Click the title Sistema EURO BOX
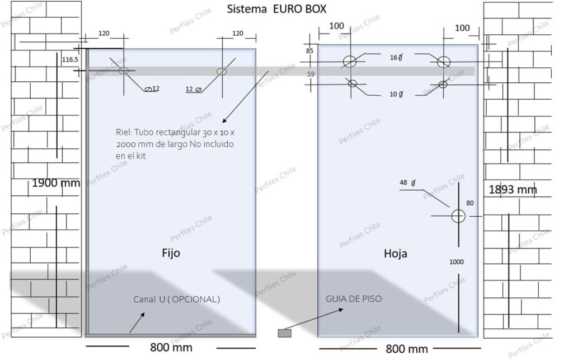click(276, 9)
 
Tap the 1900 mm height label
click(56, 183)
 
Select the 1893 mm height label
click(513, 189)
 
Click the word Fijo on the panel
click(171, 253)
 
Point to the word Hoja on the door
click(395, 253)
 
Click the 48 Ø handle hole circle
click(458, 216)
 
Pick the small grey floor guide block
click(285, 333)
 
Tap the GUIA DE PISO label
click(354, 299)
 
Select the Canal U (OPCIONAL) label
click(176, 300)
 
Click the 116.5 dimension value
click(71, 59)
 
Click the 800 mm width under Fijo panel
click(171, 347)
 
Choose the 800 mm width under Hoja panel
click(407, 349)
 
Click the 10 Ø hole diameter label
click(396, 94)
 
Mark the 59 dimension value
click(310, 73)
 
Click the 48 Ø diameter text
click(407, 183)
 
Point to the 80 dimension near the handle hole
click(469, 203)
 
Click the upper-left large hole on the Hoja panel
click(350, 62)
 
